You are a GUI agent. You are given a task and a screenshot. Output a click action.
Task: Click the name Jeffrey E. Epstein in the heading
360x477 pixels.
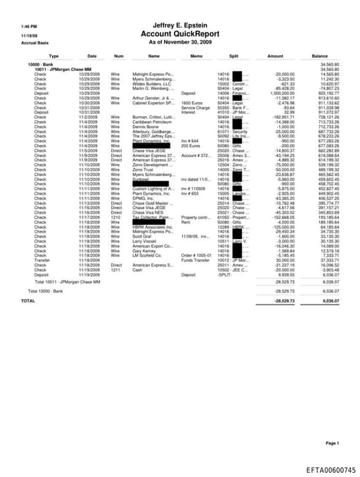click(181, 25)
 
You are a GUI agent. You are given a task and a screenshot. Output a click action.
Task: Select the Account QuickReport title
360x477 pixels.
click(181, 34)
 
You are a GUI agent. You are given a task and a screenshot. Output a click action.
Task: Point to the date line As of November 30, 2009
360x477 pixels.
click(181, 42)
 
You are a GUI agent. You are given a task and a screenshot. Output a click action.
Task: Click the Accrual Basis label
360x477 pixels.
click(32, 43)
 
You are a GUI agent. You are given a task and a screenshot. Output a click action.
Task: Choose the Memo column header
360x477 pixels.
click(195, 56)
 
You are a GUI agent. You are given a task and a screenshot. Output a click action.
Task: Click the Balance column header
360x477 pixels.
click(320, 56)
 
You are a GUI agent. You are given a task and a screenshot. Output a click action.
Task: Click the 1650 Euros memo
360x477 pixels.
click(191, 103)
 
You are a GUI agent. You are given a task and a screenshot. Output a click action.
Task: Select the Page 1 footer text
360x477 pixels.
click(332, 443)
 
